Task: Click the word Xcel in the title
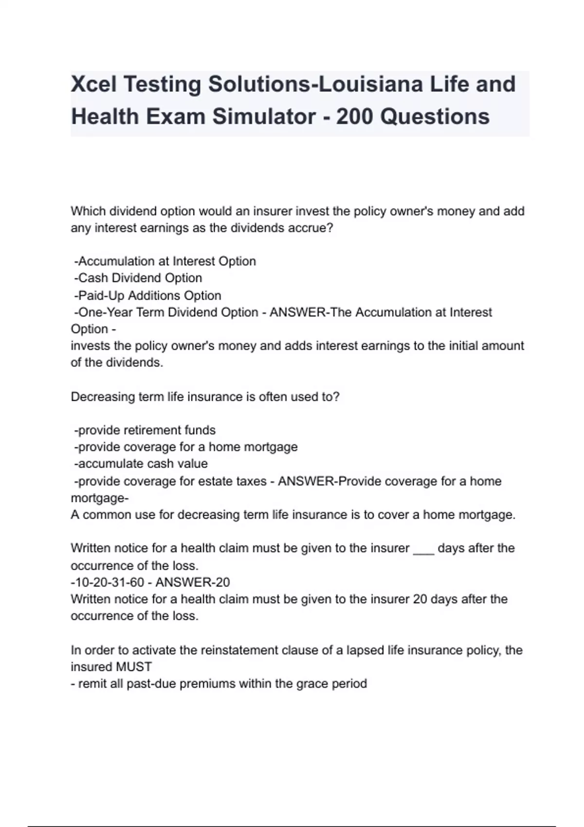tap(94, 84)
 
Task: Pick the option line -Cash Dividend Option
tap(138, 278)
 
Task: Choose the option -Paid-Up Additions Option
tap(148, 296)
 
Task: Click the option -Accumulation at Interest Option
tap(165, 261)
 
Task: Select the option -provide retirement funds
tap(145, 431)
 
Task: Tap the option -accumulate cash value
tap(141, 464)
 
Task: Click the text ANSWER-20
tap(193, 582)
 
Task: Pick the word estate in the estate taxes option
tap(215, 481)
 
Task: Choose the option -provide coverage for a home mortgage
tap(186, 447)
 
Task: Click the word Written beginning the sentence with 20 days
tap(92, 599)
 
